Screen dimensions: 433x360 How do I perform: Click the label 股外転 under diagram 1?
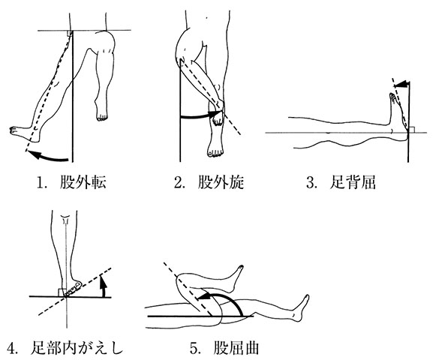(83, 182)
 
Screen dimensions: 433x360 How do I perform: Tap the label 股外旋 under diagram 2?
(221, 182)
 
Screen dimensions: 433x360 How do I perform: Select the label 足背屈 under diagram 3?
(353, 182)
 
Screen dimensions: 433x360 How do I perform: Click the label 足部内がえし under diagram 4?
(77, 348)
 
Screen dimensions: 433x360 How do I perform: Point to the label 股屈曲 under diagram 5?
(236, 348)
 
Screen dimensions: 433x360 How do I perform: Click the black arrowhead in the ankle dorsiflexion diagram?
(401, 84)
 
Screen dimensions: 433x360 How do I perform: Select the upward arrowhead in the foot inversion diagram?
(103, 280)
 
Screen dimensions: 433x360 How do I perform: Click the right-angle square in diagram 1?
(70, 33)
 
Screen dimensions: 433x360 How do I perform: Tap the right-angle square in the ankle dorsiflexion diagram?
(411, 130)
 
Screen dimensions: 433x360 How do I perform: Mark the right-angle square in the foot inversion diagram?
(61, 292)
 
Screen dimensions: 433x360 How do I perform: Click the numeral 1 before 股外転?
(41, 183)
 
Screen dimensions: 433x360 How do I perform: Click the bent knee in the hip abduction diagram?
(107, 40)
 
